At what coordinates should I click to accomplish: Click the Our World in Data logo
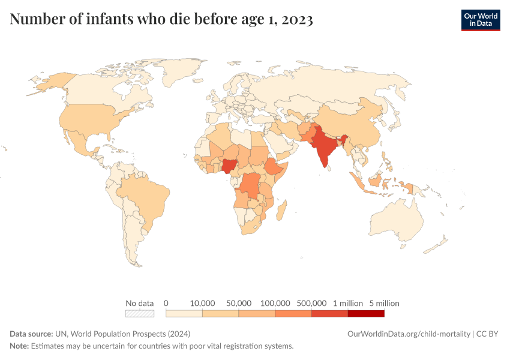[480, 20]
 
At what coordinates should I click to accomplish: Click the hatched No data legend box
[140, 313]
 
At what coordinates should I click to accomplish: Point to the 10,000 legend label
[202, 303]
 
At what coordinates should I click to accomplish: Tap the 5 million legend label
[384, 303]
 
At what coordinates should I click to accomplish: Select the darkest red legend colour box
[366, 313]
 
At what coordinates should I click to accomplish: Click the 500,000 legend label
[311, 303]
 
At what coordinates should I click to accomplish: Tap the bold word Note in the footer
[19, 346]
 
